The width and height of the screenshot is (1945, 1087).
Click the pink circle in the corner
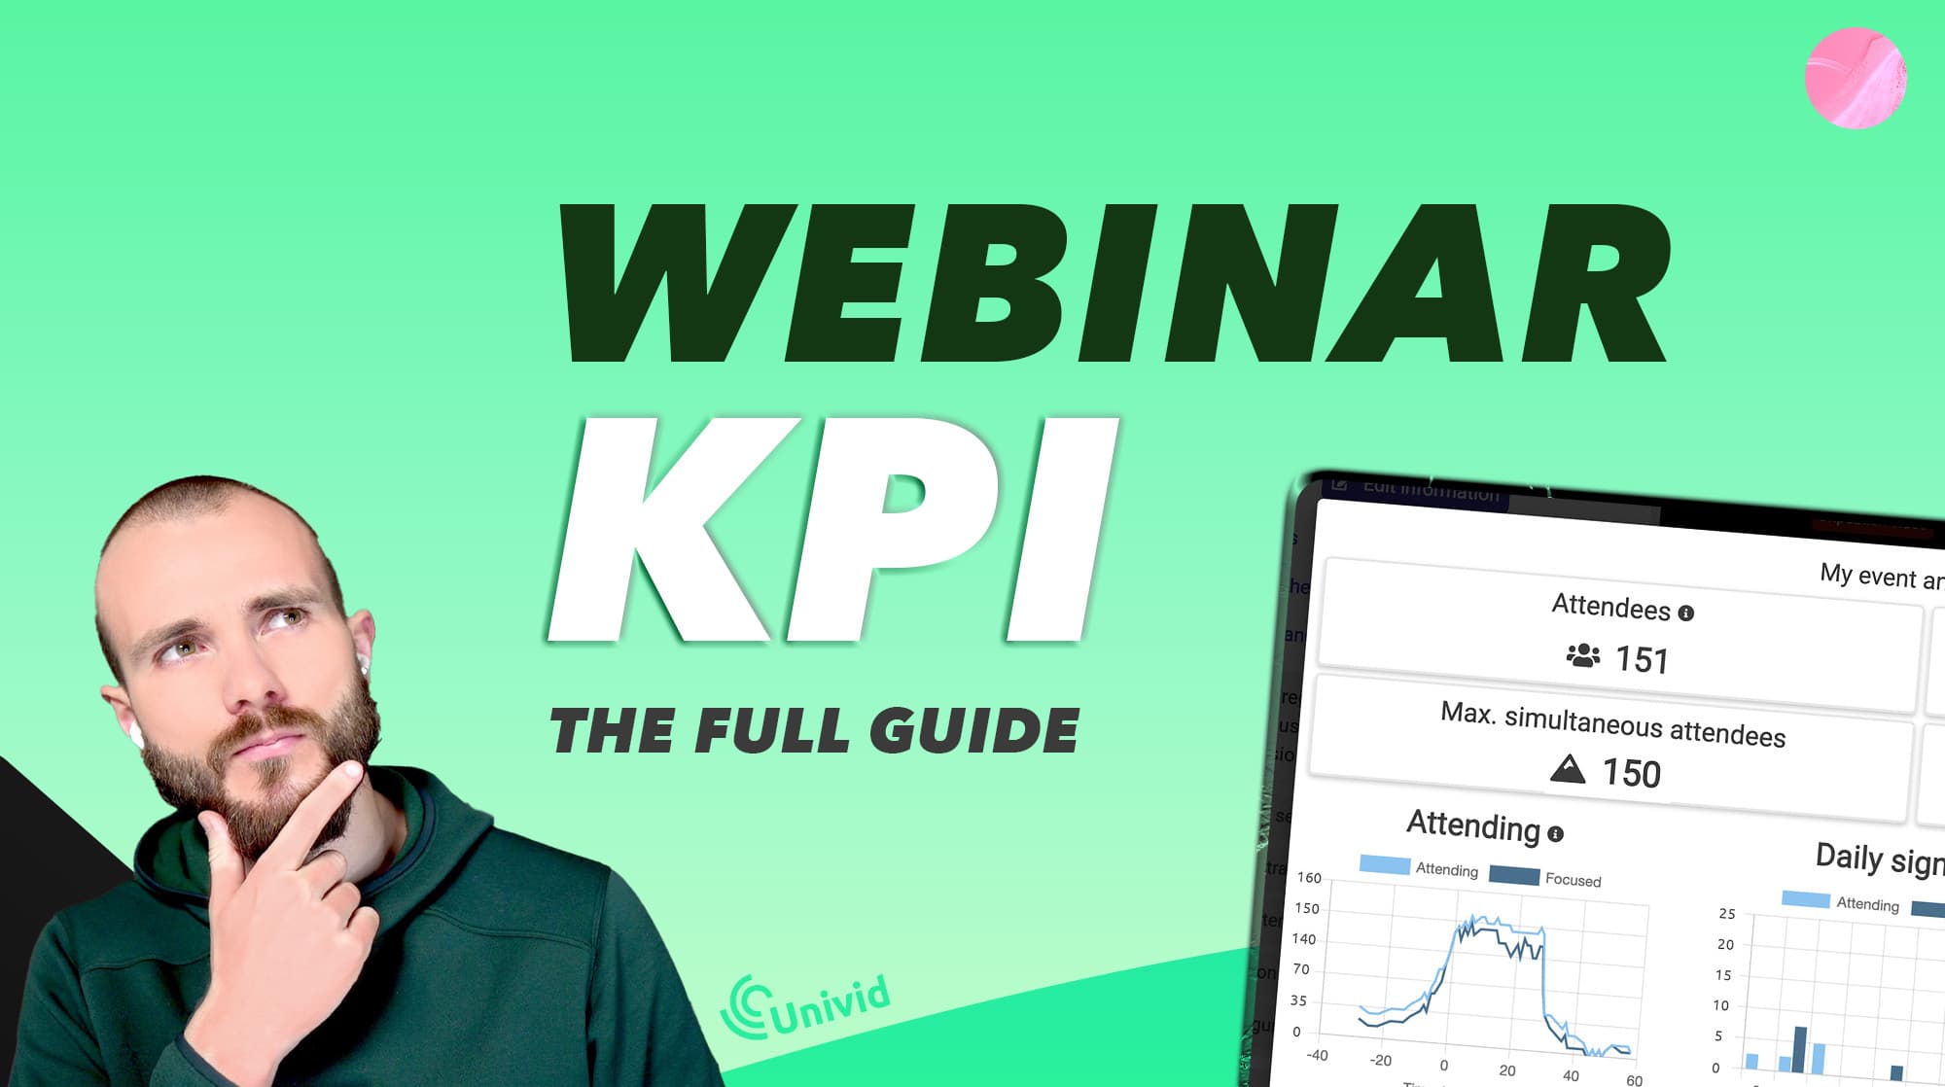coord(1855,78)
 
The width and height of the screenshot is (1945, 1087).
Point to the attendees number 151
coord(1642,660)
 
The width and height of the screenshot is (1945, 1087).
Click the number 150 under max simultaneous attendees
coord(1631,774)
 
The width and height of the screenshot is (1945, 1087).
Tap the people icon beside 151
coord(1583,655)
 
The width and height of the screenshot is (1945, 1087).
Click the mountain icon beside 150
coord(1568,769)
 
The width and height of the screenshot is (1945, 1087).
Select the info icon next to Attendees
coord(1686,614)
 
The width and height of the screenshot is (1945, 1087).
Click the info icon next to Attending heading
coord(1555,834)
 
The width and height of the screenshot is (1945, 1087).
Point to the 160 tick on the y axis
coord(1309,878)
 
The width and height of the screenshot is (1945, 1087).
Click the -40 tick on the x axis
coord(1317,1055)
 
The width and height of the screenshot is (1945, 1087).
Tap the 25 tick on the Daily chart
coord(1726,914)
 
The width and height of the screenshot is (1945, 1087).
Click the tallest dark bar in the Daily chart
coord(1800,1049)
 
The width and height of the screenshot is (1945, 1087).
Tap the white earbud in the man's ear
coord(363,663)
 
